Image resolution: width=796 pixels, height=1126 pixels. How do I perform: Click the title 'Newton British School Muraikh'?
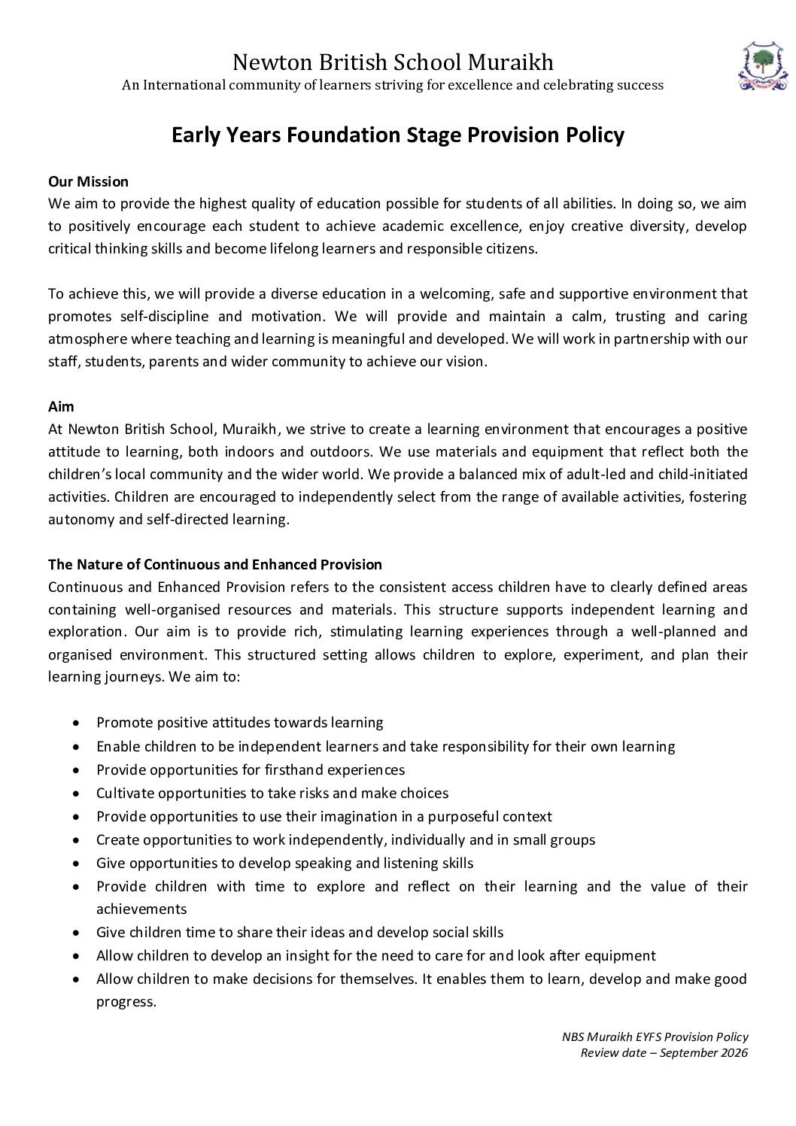click(x=393, y=61)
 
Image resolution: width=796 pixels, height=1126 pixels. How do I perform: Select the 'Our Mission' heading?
click(x=88, y=181)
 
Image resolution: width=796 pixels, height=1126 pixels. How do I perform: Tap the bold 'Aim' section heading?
click(x=61, y=406)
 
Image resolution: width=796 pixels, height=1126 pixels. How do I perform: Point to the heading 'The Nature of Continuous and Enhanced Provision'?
click(x=215, y=564)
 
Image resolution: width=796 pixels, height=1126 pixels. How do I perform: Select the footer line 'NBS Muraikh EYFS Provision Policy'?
click(x=655, y=1036)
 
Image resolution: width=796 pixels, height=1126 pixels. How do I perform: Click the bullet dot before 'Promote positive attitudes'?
click(x=77, y=723)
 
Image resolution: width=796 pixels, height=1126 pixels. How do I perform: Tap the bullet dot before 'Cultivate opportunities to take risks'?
click(x=77, y=794)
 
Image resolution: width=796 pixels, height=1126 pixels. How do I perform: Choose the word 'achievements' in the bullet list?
click(x=141, y=909)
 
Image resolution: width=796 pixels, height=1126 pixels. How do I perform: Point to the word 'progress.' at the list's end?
click(x=126, y=1001)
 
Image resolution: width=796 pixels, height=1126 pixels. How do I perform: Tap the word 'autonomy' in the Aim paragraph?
click(x=77, y=519)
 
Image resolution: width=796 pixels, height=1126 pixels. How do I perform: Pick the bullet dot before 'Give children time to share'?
click(x=77, y=933)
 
